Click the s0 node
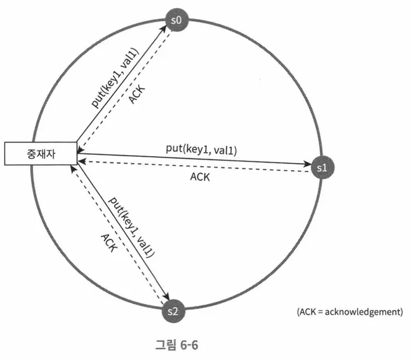click(x=176, y=20)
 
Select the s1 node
click(x=321, y=167)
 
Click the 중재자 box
click(x=41, y=153)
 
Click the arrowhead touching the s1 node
click(x=309, y=165)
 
